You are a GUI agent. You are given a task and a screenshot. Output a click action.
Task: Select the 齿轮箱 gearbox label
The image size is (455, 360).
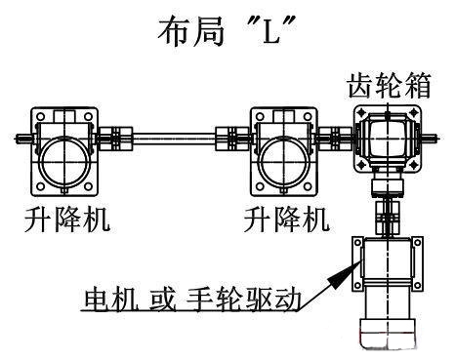click(391, 87)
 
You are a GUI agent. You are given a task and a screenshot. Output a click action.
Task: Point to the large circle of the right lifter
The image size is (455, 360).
click(283, 155)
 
